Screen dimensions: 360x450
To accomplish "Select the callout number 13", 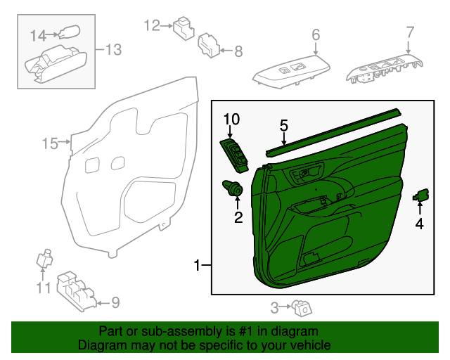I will click(x=113, y=49).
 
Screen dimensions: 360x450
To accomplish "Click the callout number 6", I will click(x=316, y=34).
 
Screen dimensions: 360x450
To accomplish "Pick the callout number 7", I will click(x=410, y=32).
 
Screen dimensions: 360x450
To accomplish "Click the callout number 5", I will click(x=284, y=126).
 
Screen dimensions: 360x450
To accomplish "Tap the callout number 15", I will click(x=49, y=144).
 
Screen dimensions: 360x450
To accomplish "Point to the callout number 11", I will click(x=44, y=288).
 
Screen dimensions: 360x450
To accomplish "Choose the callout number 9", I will click(x=115, y=303).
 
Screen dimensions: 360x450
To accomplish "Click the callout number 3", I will click(x=276, y=307).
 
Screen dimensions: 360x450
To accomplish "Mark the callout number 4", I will click(x=419, y=224).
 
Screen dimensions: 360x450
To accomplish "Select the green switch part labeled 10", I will click(x=236, y=153).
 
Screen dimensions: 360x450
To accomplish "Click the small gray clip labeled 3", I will click(x=303, y=307).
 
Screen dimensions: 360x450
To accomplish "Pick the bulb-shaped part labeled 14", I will click(x=68, y=32).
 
